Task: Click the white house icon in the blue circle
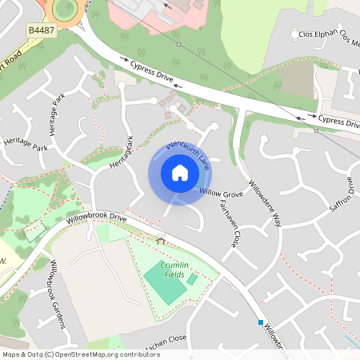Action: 179,173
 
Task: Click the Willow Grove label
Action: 220,194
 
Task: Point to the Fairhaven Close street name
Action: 229,223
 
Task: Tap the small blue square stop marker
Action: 260,322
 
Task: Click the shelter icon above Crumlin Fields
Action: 161,239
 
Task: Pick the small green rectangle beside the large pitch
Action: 192,279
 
